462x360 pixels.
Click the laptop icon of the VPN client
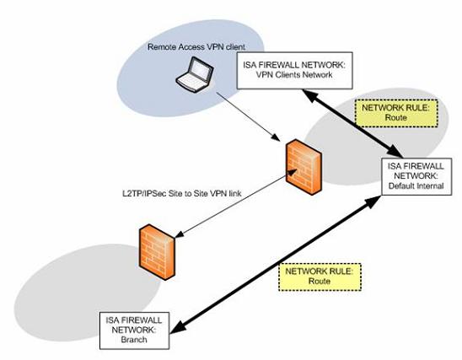click(x=195, y=74)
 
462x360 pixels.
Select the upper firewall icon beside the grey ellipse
click(x=304, y=167)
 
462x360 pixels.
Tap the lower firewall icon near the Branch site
click(x=158, y=252)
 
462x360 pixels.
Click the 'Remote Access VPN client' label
click(x=196, y=47)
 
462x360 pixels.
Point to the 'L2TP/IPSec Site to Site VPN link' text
click(x=182, y=193)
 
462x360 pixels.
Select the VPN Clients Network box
click(x=294, y=71)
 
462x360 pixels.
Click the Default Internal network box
click(x=416, y=176)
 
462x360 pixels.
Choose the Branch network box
click(x=134, y=330)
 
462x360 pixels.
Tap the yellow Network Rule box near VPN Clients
click(x=396, y=113)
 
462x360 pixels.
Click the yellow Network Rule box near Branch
click(x=320, y=277)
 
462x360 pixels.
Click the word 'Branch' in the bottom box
click(x=134, y=340)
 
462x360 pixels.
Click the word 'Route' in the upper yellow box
click(x=396, y=118)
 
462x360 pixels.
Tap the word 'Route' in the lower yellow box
click(x=320, y=281)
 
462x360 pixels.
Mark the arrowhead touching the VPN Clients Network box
click(x=309, y=95)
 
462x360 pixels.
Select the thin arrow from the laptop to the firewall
click(x=248, y=116)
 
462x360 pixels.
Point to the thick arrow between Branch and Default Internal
click(x=276, y=265)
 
